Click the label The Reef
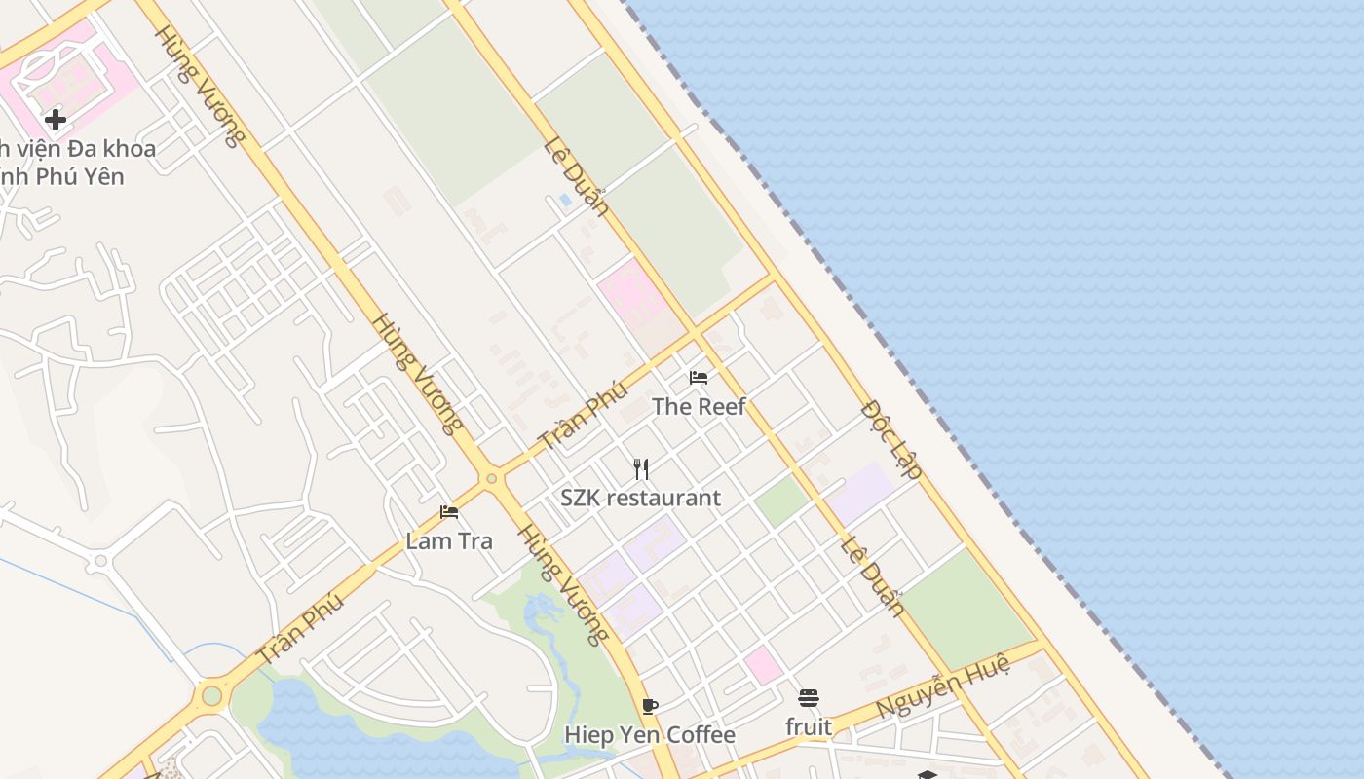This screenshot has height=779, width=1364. [x=699, y=407]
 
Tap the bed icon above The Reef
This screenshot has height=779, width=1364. [x=699, y=378]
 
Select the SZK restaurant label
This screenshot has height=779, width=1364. [x=640, y=498]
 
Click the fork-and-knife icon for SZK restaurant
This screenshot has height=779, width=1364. [x=641, y=469]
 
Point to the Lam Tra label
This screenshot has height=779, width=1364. [x=449, y=540]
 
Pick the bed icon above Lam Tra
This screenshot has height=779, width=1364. [x=449, y=512]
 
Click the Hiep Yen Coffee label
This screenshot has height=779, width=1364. [x=650, y=734]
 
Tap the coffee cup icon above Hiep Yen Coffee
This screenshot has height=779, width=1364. [x=650, y=706]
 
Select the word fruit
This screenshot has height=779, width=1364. [x=809, y=726]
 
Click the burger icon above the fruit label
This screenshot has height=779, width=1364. [x=809, y=698]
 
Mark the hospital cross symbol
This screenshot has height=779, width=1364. [x=56, y=120]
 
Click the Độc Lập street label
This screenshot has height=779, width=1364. [x=892, y=439]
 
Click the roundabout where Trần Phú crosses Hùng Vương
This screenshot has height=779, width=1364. [x=491, y=478]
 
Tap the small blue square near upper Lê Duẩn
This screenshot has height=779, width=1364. [x=566, y=200]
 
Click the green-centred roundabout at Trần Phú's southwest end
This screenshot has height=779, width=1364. [x=211, y=695]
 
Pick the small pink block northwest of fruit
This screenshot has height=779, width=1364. [x=763, y=665]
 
